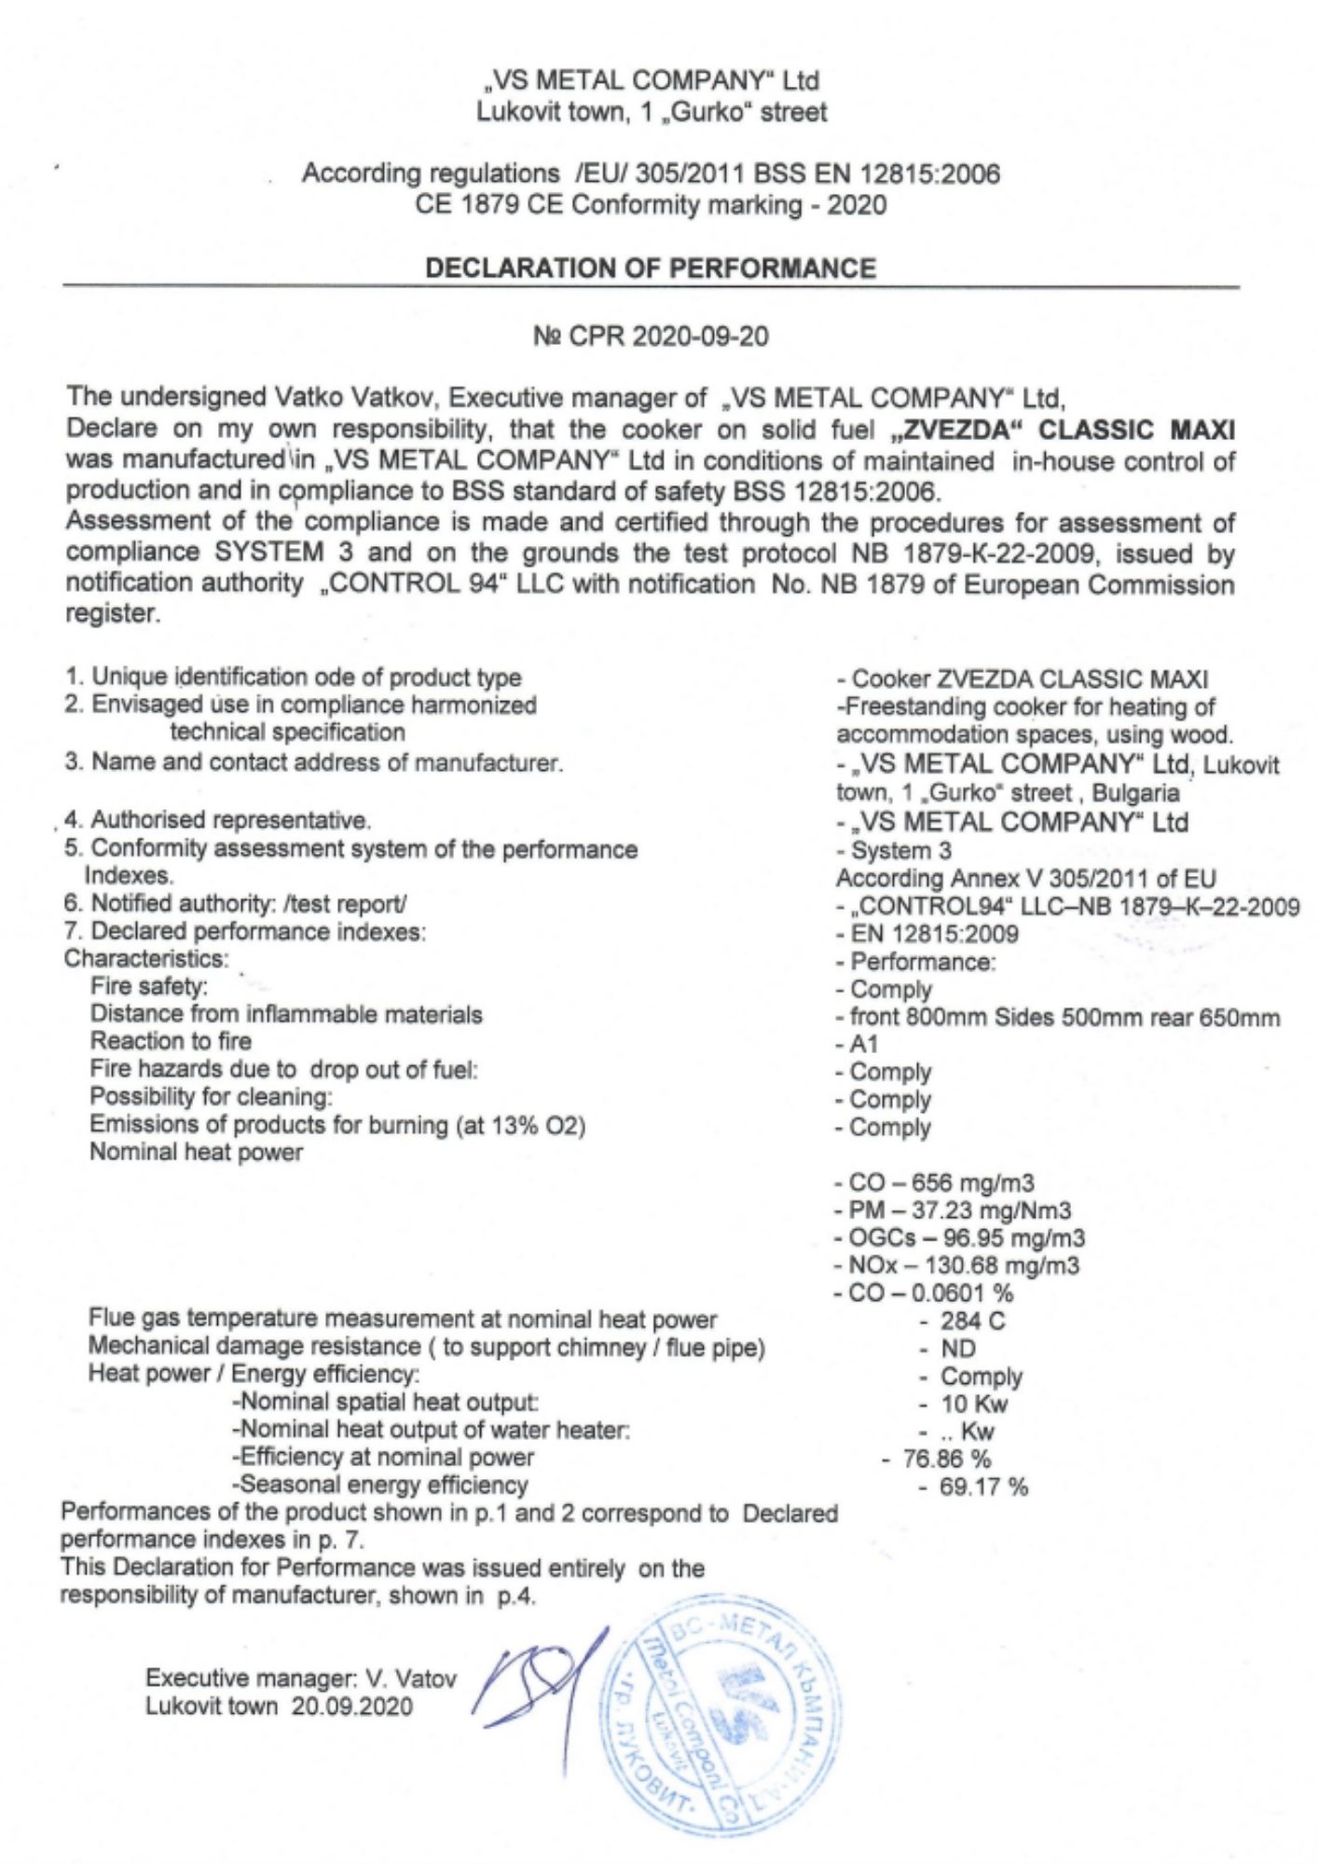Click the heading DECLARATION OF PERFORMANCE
pos(650,268)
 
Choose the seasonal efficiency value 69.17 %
pos(983,1487)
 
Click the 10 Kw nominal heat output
pos(974,1404)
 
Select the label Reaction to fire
pos(171,1041)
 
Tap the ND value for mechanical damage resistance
pos(958,1349)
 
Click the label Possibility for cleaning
pos(211,1097)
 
